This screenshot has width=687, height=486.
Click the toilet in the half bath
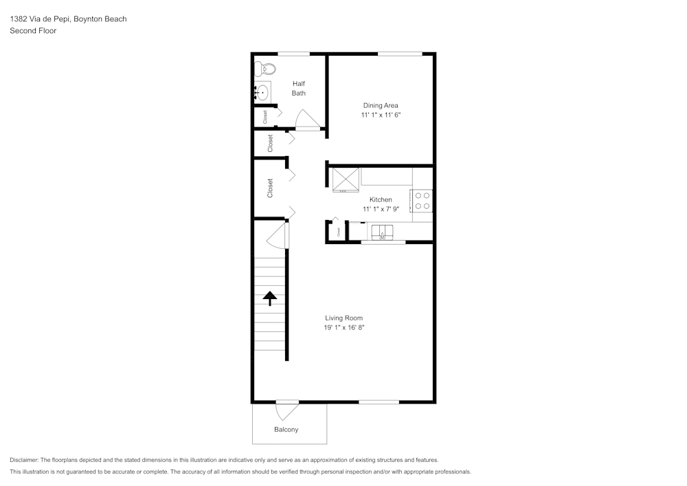(265, 69)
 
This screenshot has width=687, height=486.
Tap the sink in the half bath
(261, 92)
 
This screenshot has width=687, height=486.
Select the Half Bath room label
(298, 88)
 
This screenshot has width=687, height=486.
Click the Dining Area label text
(381, 105)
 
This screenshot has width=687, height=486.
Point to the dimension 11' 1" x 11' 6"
(381, 115)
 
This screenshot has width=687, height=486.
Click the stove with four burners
(423, 201)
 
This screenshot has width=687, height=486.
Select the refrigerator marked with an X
(346, 179)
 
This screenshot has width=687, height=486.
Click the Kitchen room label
(381, 199)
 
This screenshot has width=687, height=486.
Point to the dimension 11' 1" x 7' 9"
(381, 209)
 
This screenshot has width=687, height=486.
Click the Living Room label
(343, 318)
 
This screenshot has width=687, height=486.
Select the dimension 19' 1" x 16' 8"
(343, 328)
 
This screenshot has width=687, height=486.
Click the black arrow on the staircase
(270, 298)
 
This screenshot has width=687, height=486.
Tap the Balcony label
(286, 430)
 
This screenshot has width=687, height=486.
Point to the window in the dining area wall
(399, 54)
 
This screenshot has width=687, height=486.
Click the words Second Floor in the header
(33, 31)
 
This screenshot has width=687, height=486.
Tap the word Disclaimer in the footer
(24, 460)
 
